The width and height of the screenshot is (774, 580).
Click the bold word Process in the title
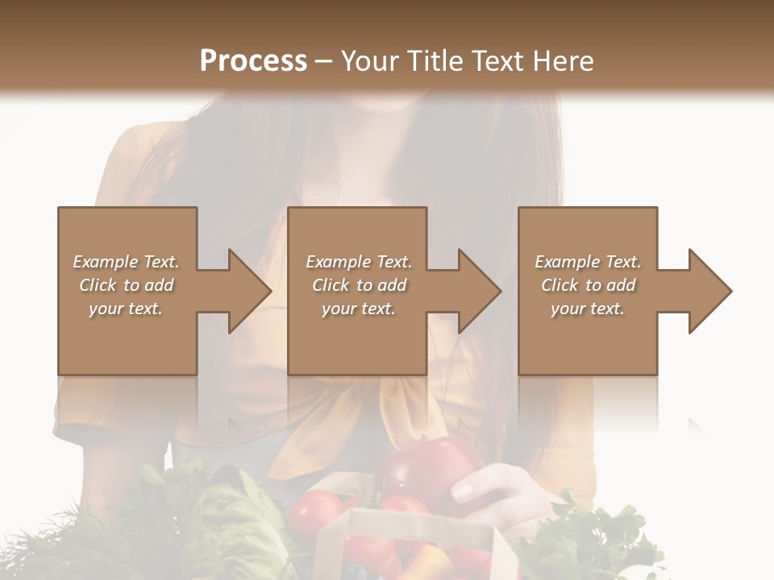point(253,60)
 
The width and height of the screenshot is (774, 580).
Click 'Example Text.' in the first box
point(126,262)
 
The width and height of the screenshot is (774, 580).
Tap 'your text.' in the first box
point(126,309)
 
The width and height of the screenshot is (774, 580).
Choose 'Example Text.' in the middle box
point(359,262)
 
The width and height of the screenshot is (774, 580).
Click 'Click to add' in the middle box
point(359,285)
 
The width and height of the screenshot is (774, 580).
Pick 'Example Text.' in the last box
point(588,262)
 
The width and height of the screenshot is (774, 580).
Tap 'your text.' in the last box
point(588,309)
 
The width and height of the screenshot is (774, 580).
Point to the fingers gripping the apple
point(472,488)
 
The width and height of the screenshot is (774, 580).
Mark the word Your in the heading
point(370,60)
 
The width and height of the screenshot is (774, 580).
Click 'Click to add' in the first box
point(126,285)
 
